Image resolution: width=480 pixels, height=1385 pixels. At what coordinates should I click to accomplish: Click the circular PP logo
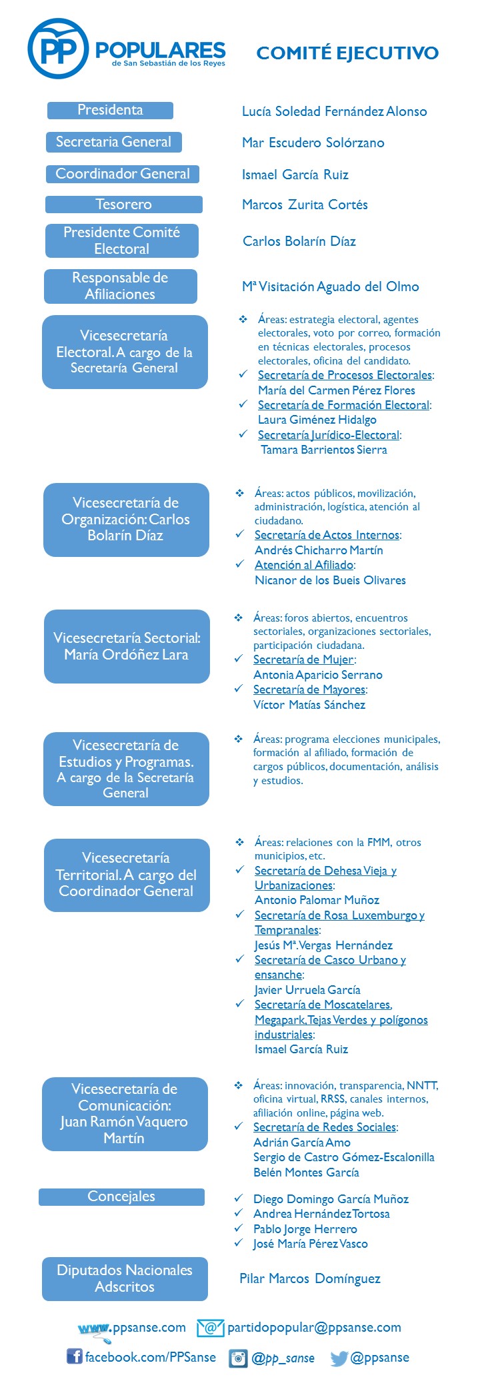59,49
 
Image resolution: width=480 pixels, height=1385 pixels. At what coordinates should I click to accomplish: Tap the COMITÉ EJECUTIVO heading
347,53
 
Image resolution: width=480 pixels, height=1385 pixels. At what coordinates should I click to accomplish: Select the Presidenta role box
110,110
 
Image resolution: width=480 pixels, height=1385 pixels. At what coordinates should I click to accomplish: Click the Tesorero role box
123,205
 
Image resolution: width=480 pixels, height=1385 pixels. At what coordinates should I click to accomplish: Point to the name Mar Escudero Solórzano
313,143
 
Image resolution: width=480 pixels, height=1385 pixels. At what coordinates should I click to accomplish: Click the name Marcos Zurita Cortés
305,205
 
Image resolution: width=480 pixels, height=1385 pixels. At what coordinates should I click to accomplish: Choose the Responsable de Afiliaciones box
121,286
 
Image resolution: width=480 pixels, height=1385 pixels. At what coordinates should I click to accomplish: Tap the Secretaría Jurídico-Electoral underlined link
329,435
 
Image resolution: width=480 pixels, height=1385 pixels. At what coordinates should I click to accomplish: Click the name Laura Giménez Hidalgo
317,420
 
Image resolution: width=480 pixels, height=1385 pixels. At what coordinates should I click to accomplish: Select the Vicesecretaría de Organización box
126,520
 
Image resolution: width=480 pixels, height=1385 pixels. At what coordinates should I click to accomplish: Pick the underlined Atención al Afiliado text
304,565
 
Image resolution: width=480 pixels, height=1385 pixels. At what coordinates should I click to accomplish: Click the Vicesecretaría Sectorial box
127,646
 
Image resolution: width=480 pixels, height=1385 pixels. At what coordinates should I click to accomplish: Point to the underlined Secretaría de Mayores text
309,690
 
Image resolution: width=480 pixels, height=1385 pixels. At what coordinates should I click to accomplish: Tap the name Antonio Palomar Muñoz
317,900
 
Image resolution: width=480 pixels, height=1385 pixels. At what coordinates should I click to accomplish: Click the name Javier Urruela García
307,990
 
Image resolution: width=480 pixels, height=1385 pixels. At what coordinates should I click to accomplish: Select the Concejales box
121,1196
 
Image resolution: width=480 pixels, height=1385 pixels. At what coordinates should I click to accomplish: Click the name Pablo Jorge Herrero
305,1228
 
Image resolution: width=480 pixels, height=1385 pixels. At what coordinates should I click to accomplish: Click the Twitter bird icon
339,1358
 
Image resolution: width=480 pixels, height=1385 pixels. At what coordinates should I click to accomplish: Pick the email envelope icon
210,1328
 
